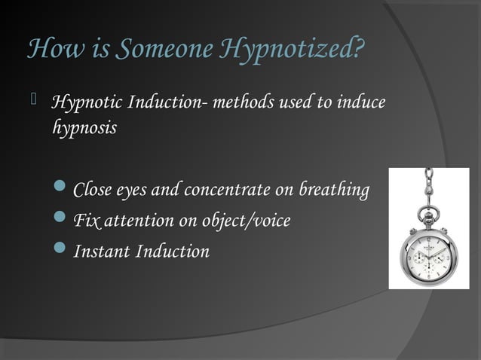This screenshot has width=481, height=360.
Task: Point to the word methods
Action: click(x=239, y=102)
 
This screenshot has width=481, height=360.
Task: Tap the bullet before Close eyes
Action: click(x=60, y=191)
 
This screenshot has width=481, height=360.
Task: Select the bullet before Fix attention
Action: click(x=60, y=221)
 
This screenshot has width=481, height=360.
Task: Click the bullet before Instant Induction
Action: click(x=60, y=252)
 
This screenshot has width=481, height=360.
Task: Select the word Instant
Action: click(x=101, y=252)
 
